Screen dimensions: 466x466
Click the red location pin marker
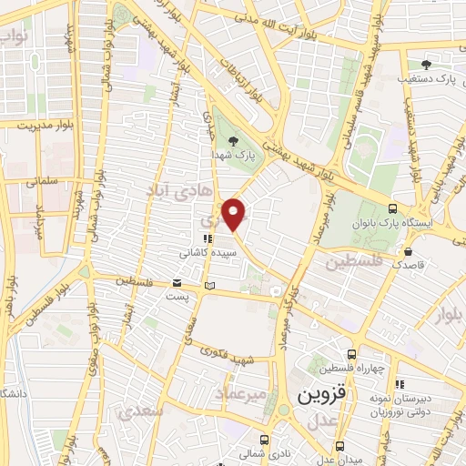(235, 215)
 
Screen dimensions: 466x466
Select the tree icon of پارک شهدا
(235, 140)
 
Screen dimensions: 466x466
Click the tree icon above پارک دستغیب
(426, 65)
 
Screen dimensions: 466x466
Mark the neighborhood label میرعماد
(243, 392)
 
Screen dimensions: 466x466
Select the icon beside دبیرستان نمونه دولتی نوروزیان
(399, 383)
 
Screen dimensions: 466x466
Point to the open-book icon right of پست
(210, 286)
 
